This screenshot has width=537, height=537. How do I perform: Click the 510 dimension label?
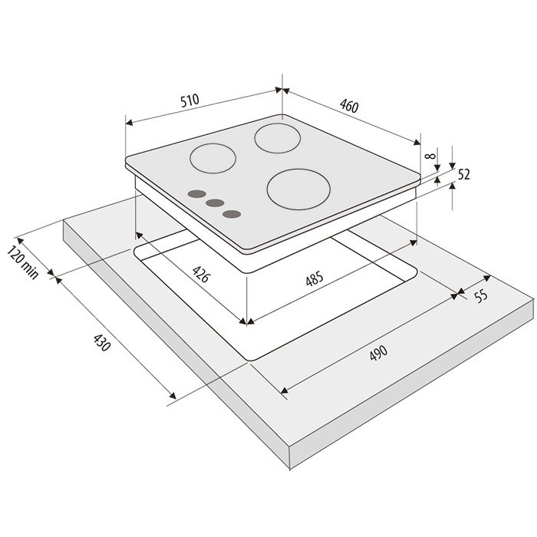189,100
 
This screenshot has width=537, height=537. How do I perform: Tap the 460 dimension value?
349,106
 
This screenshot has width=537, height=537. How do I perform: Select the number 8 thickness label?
430,156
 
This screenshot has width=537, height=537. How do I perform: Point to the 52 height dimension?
463,175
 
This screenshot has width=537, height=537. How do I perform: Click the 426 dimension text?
201,274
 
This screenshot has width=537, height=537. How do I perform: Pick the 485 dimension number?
315,278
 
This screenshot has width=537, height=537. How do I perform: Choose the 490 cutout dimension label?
378,353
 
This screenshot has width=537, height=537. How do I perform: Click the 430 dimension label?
102,343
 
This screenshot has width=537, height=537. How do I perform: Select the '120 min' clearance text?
22,262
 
